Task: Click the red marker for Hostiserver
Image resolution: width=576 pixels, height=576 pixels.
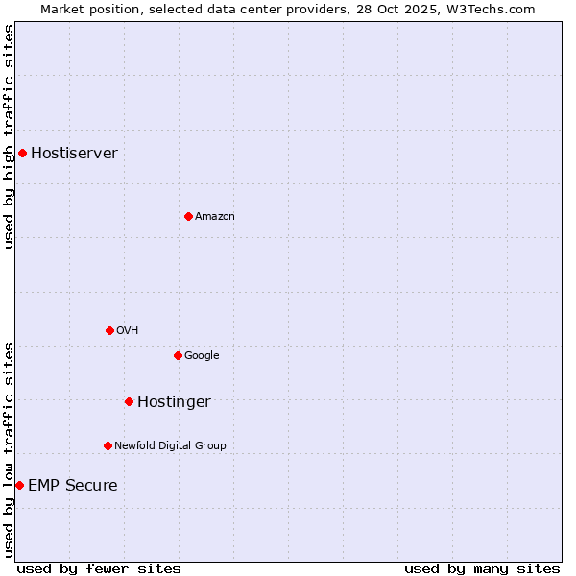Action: click(22, 153)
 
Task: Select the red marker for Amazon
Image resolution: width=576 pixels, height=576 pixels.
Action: click(188, 216)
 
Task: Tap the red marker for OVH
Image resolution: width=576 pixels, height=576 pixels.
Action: click(109, 330)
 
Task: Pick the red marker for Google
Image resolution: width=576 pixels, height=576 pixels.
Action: click(178, 355)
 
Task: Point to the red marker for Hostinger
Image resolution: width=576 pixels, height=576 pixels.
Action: click(129, 401)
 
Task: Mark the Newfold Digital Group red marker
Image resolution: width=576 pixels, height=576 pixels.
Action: click(108, 445)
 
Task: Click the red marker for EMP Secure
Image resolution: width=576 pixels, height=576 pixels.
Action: click(19, 485)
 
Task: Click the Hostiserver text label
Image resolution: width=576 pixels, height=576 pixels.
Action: click(74, 154)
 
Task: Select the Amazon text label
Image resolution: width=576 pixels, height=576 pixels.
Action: click(214, 217)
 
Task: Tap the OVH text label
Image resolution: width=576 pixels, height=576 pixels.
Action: click(127, 331)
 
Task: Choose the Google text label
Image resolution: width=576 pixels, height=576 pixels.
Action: click(202, 356)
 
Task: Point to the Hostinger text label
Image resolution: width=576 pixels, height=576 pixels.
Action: click(174, 402)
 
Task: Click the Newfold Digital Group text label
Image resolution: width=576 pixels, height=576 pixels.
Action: click(170, 446)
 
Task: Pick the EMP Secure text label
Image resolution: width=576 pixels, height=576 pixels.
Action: click(72, 486)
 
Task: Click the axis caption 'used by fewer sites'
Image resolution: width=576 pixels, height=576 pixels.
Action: click(99, 568)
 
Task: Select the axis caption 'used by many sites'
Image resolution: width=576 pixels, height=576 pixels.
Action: click(482, 568)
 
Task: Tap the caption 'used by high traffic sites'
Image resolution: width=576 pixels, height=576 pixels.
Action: click(9, 136)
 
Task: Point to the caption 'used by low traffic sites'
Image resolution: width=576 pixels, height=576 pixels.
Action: click(9, 449)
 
